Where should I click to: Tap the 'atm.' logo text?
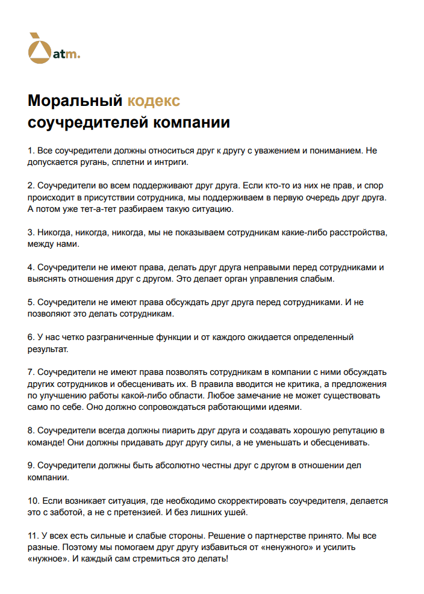click(66, 55)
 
